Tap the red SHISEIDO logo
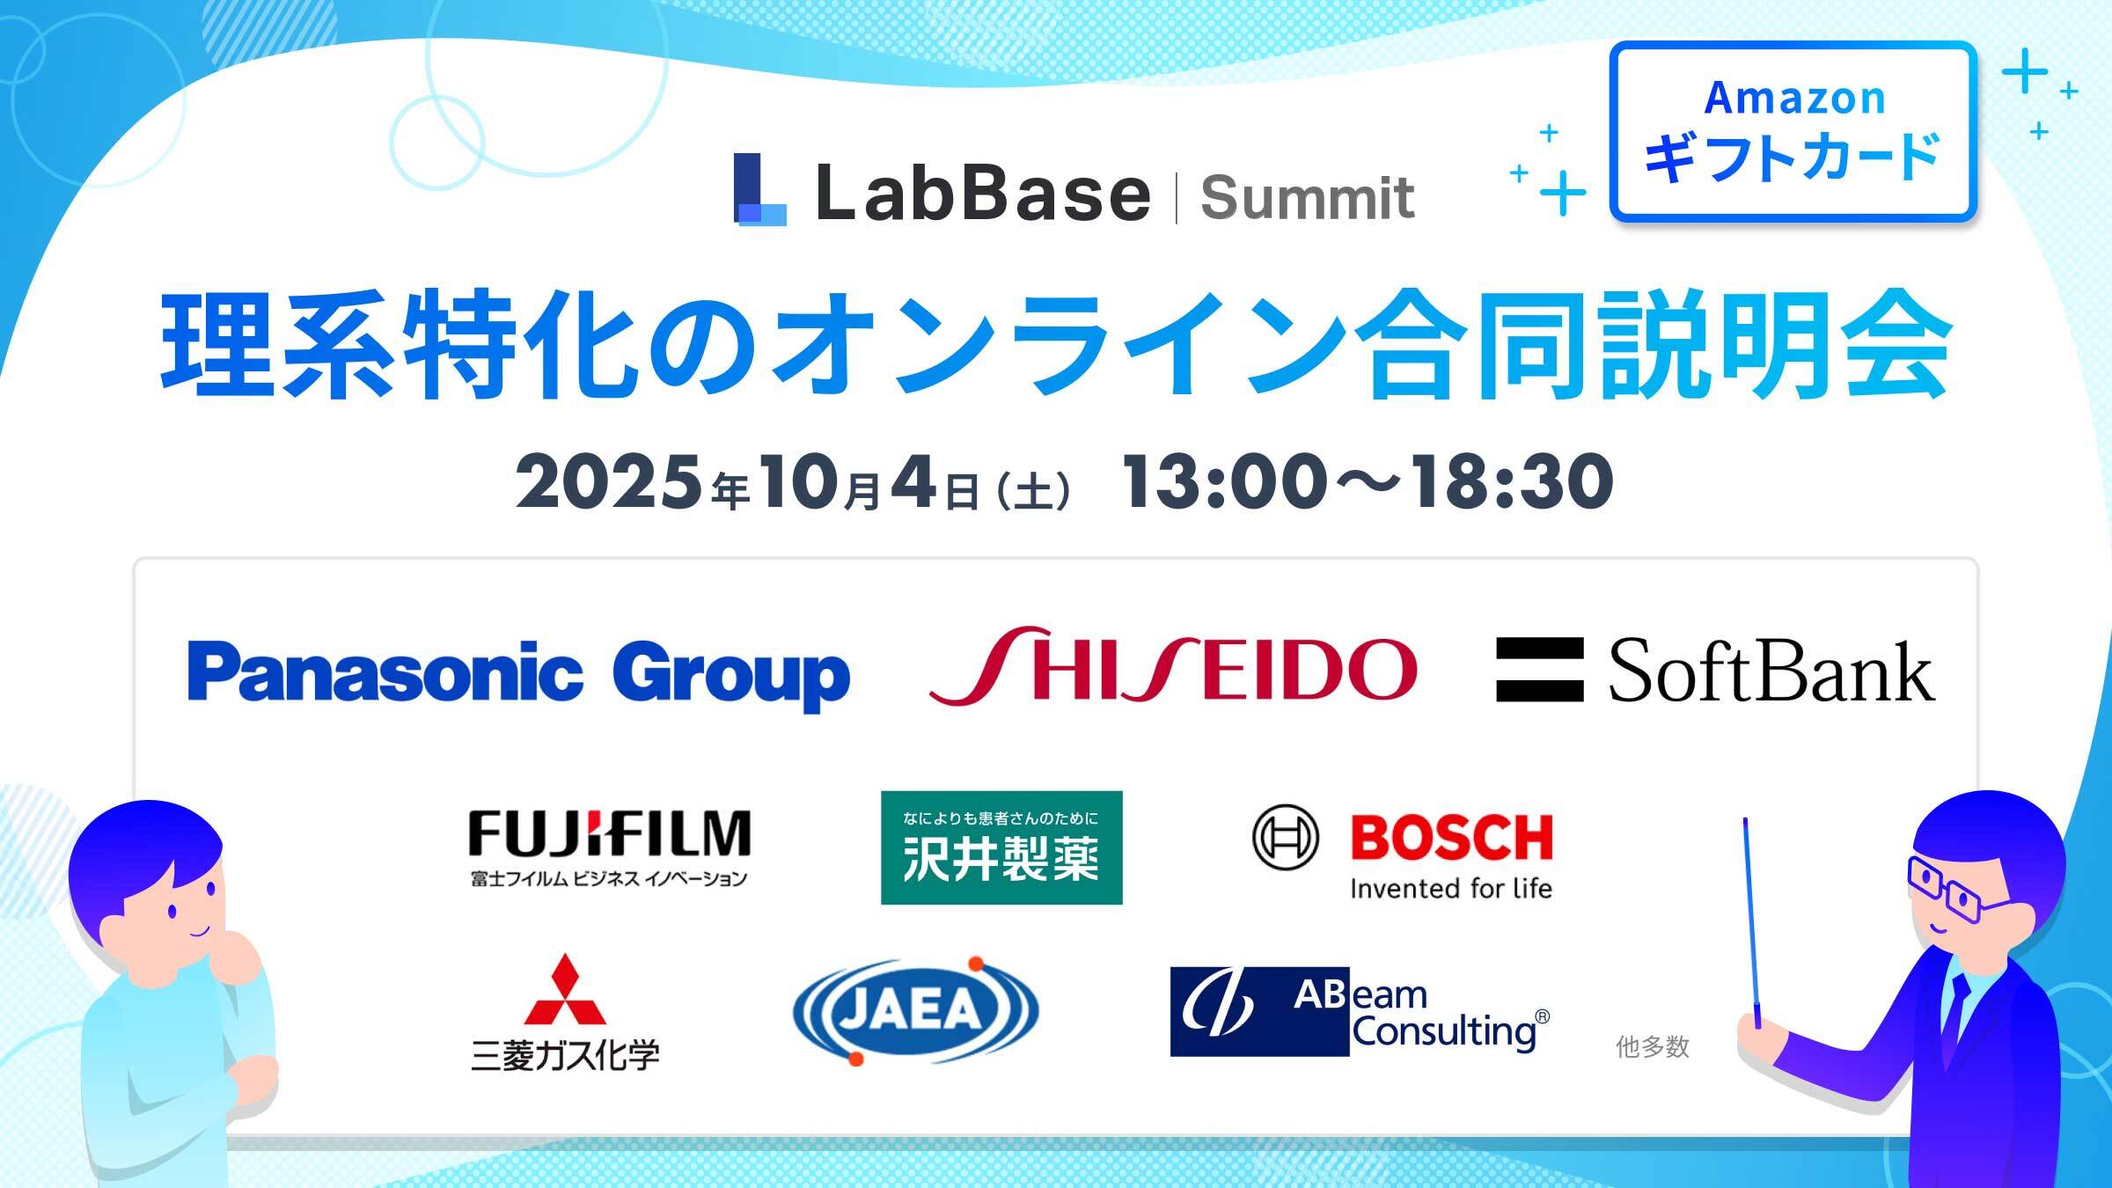pyautogui.click(x=1173, y=666)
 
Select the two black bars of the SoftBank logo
pyautogui.click(x=1539, y=670)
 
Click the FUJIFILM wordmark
pyautogui.click(x=609, y=833)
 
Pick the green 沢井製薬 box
pyautogui.click(x=1001, y=847)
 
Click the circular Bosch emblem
pyautogui.click(x=1285, y=837)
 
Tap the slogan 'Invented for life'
pyautogui.click(x=1450, y=889)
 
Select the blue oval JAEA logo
pyautogui.click(x=915, y=1010)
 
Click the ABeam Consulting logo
pyautogui.click(x=1360, y=1012)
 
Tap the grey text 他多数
pyautogui.click(x=1653, y=1046)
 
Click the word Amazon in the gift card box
pyautogui.click(x=1794, y=98)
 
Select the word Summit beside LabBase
pyautogui.click(x=1308, y=197)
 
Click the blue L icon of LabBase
pyautogui.click(x=759, y=189)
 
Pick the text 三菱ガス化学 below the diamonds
pyautogui.click(x=565, y=1055)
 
